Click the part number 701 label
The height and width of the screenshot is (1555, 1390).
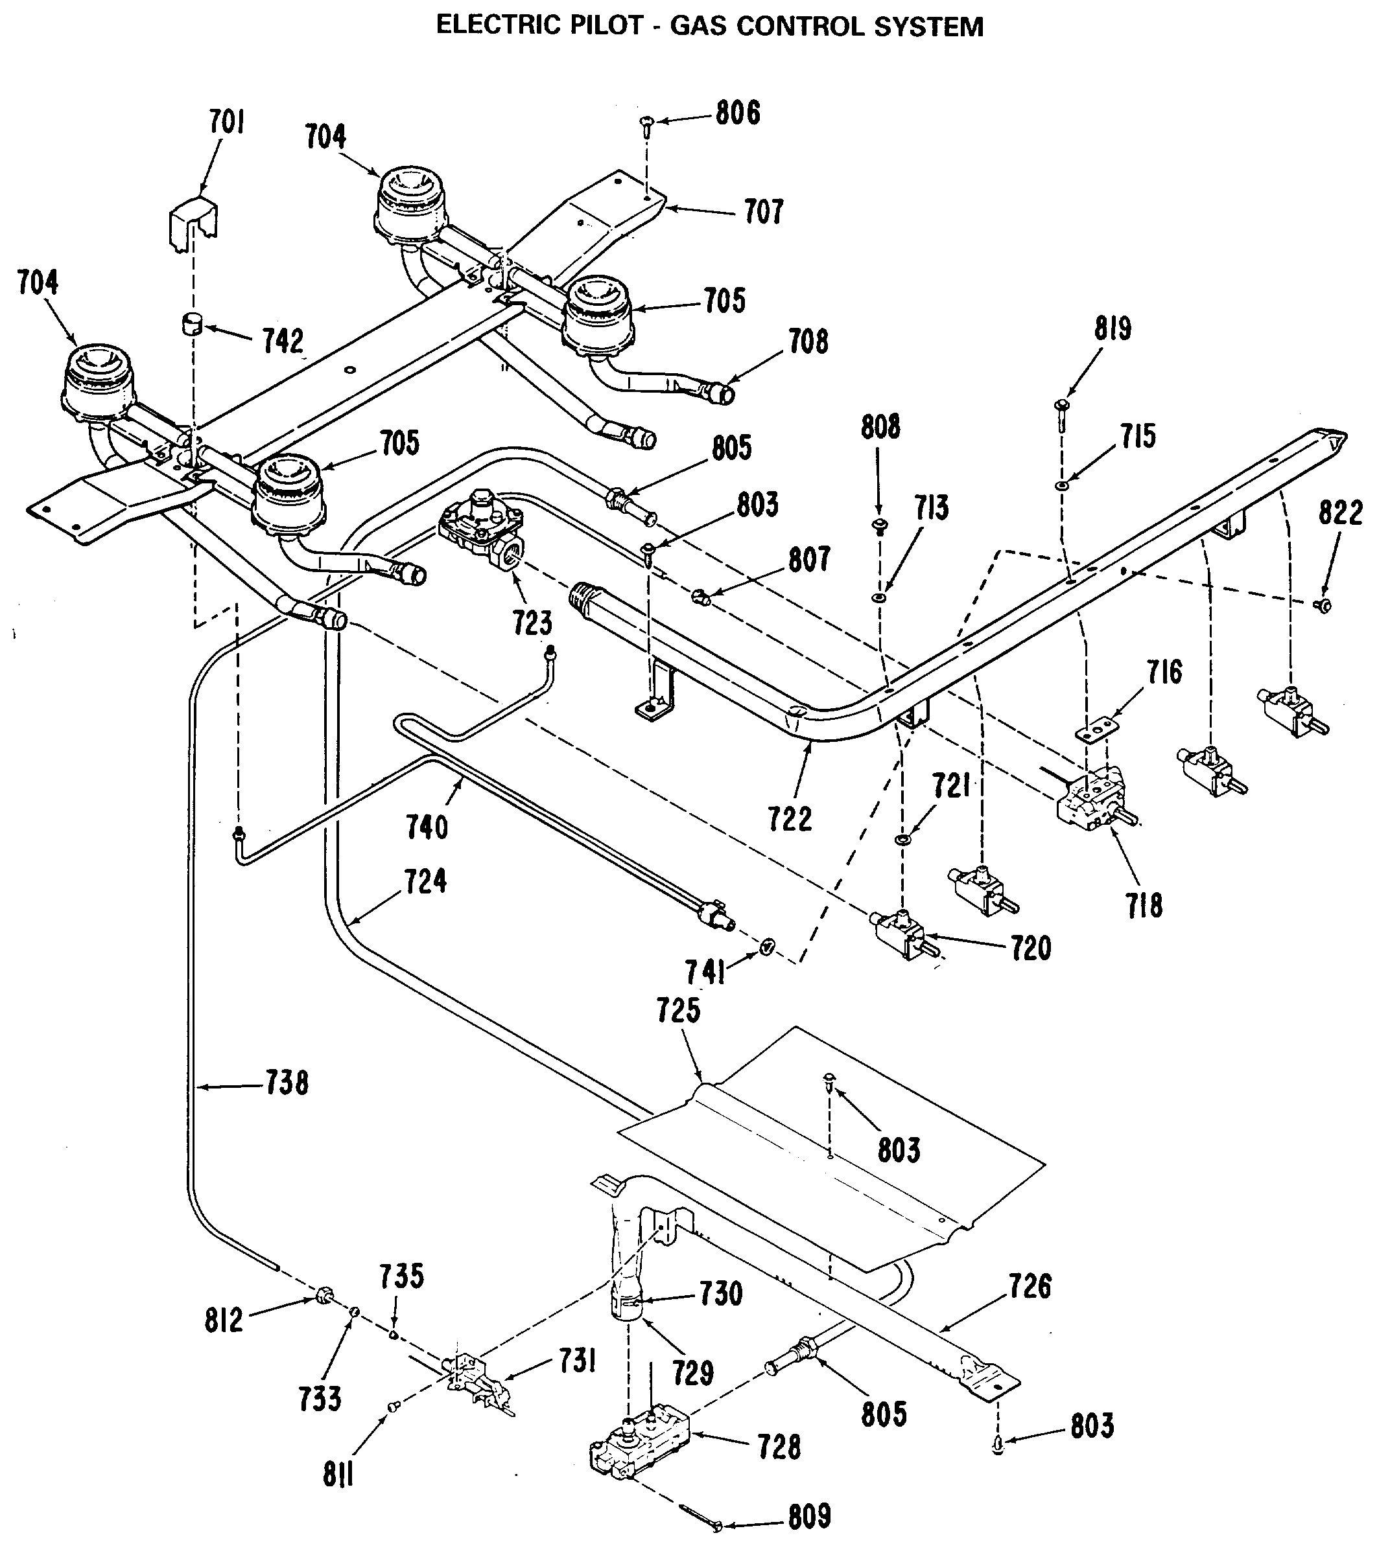point(227,122)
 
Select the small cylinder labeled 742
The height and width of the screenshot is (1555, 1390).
point(189,325)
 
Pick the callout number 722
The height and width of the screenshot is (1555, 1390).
point(790,819)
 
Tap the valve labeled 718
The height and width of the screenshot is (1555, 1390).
point(1094,800)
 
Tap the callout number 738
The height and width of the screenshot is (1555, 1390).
point(287,1083)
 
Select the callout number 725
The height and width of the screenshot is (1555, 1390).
point(678,1011)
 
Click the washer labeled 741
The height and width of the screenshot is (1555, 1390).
point(766,947)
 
